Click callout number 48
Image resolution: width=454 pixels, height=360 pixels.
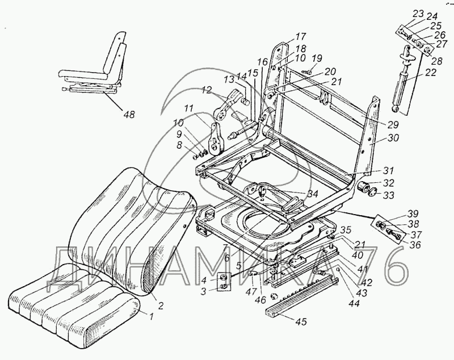[129, 115]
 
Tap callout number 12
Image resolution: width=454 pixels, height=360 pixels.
[205, 89]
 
